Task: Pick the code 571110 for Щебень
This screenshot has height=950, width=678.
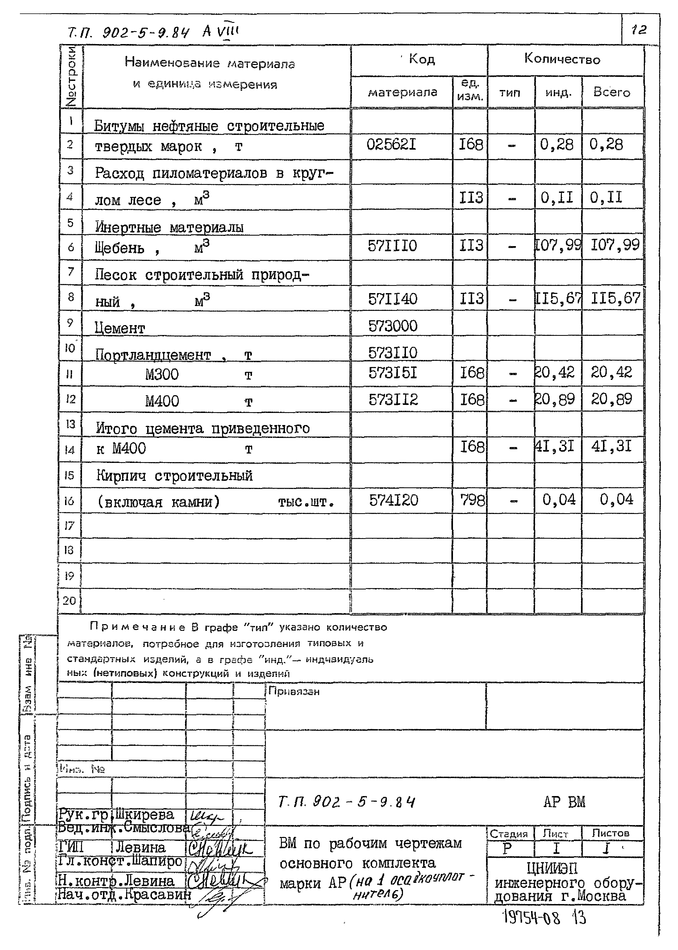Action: coord(392,246)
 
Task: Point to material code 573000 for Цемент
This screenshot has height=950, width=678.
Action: coord(392,326)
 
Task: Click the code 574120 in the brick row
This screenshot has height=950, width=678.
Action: coord(393,500)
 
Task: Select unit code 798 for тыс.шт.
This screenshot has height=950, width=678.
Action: coord(472,499)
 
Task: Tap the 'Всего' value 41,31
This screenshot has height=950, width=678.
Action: coord(611,447)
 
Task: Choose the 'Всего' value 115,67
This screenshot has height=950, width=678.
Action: coord(615,298)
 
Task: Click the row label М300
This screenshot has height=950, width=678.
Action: coord(162,374)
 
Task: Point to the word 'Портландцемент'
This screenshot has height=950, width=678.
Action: coord(153,355)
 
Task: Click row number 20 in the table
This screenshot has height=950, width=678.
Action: coord(69,600)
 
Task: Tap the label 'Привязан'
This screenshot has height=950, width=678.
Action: coord(294,691)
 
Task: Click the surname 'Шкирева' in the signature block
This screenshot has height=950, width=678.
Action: coord(144,814)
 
